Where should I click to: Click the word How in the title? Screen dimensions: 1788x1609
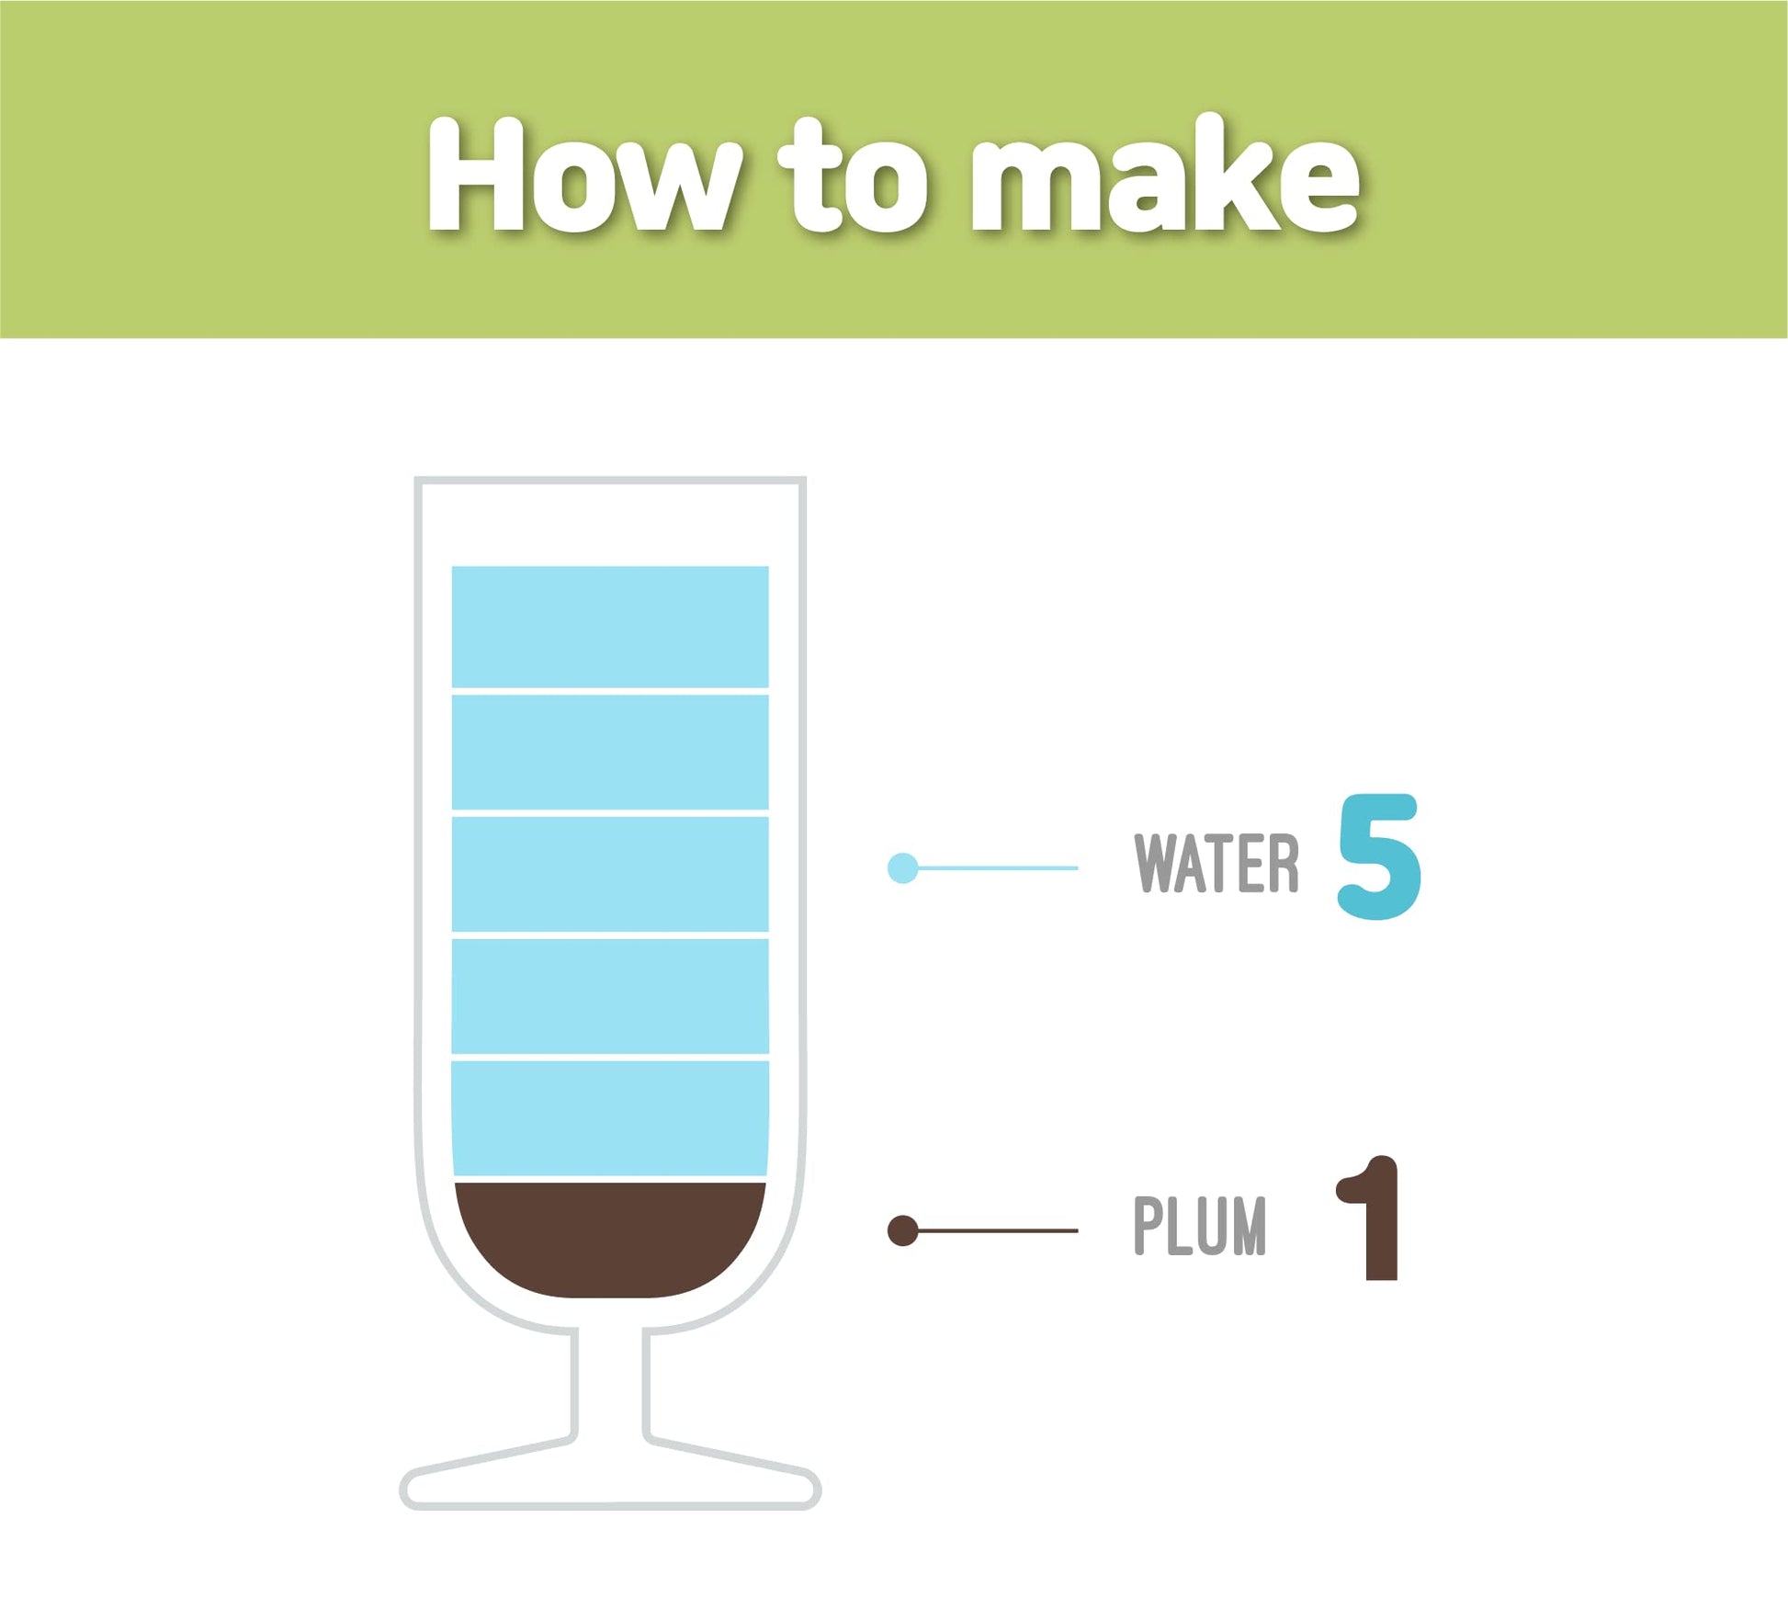584,174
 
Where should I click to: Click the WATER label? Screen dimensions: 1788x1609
1217,863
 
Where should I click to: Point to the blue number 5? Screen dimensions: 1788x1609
1379,855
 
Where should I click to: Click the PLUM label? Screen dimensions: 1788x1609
1199,1225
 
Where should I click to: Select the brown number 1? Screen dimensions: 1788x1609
1369,1218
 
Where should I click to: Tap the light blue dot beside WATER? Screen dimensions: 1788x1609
902,867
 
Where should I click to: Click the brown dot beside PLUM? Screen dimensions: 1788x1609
902,1230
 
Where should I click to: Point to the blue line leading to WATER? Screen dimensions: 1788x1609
997,867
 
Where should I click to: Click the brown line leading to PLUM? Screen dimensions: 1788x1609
997,1230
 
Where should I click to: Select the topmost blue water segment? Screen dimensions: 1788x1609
610,626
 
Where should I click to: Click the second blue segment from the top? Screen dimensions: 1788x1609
610,752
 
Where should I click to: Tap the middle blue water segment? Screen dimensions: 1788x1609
610,874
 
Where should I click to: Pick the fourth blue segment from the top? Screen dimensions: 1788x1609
610,996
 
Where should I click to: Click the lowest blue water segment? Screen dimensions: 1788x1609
610,1118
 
